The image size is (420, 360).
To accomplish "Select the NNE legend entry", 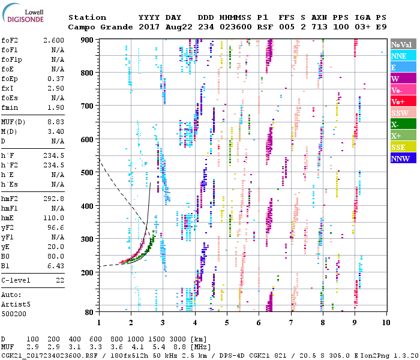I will coord(403,56).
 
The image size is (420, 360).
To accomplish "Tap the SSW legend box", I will coord(403,113).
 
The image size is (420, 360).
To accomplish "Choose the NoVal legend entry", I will coord(403,44).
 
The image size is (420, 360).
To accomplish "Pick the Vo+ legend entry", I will coord(403,101).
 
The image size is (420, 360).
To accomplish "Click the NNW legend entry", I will coord(403,159).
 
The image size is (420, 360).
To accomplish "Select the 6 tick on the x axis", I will coord(259,323).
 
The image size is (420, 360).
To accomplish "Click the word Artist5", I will coord(14,304).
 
